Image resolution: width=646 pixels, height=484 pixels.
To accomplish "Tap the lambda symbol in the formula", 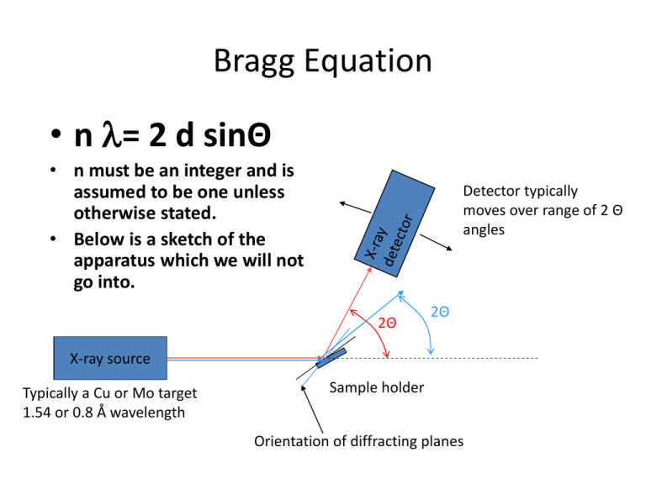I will (x=110, y=134).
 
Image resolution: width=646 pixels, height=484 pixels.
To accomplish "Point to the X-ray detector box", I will (x=390, y=216).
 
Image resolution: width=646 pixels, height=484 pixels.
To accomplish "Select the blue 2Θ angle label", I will (x=439, y=312).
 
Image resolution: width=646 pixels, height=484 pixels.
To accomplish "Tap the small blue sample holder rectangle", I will (x=331, y=358).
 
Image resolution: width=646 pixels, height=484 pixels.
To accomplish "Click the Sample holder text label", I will (x=376, y=387).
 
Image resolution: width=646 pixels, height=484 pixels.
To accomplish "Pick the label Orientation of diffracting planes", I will (x=357, y=441).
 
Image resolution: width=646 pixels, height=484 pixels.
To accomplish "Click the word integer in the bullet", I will (x=210, y=171).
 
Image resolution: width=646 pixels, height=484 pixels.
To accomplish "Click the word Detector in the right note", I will (x=491, y=192).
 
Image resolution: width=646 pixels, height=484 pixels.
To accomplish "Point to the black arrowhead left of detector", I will (x=340, y=203).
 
